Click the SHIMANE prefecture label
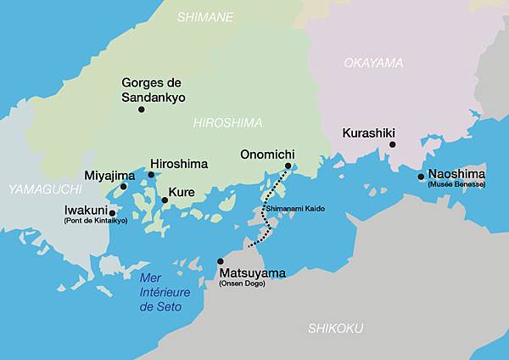205,16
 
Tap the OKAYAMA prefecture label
373,63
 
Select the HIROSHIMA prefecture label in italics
228,122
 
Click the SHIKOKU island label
335,328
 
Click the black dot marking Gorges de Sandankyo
141,109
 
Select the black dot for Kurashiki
392,145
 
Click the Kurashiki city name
369,132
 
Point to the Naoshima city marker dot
421,177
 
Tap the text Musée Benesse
456,184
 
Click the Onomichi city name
267,155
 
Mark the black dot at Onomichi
288,166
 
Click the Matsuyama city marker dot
221,262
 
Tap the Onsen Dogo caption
242,283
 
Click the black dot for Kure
165,200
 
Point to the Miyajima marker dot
123,187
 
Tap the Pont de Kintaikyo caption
95,221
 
